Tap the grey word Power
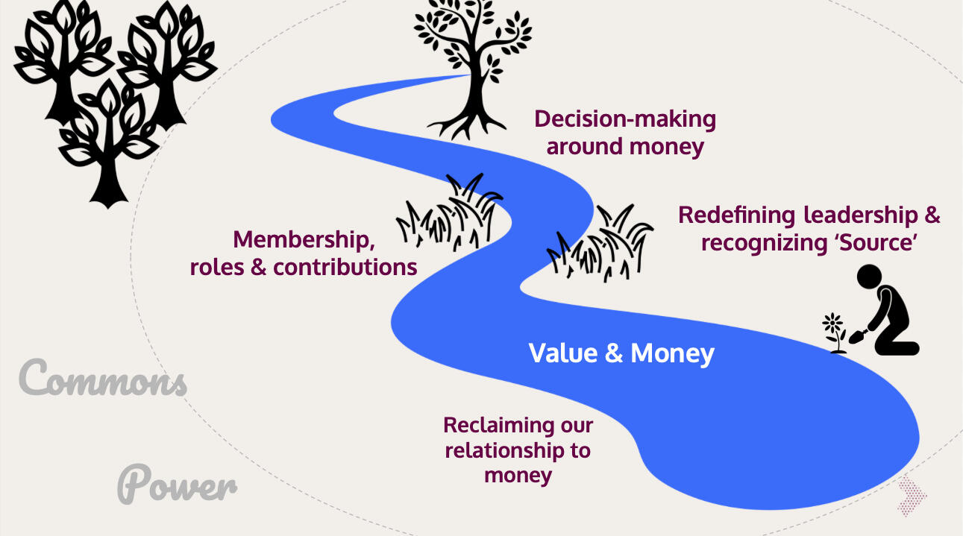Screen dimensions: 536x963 click(178, 484)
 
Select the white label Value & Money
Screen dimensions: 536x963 click(621, 353)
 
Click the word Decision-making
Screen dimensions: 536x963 click(625, 119)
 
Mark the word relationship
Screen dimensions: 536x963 click(517, 450)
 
